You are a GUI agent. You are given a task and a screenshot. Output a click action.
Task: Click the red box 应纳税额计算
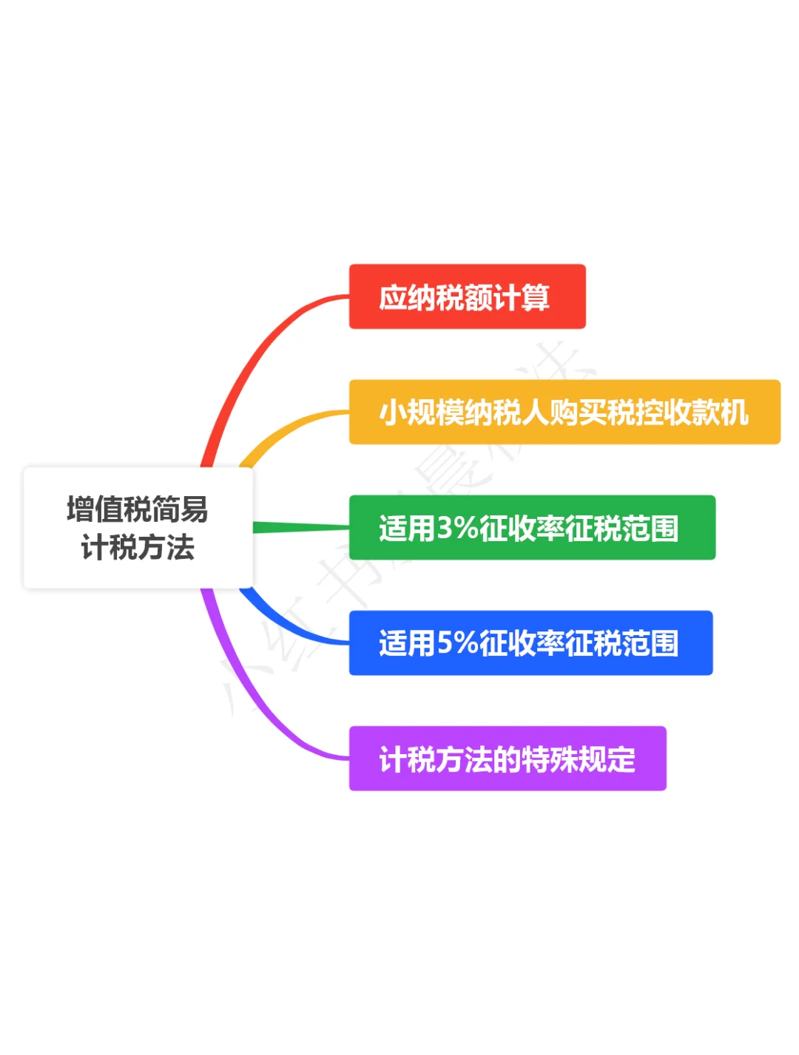467,296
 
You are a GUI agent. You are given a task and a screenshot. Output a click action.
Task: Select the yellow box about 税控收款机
564,412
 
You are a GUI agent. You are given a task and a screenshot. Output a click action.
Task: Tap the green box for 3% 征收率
531,527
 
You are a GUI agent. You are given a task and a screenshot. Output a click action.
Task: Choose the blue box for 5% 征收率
530,642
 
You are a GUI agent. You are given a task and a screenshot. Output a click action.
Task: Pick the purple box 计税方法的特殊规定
507,759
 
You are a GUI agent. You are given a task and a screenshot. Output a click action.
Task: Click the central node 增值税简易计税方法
138,528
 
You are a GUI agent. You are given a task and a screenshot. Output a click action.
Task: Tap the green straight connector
300,527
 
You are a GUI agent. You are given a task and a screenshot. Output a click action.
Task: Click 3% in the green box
457,528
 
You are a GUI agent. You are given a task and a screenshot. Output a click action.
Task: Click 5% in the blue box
457,643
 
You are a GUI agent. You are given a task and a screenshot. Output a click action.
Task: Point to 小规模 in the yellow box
422,413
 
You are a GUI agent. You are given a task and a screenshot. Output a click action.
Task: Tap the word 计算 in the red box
521,297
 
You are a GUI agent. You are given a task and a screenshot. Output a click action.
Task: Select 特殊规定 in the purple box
579,759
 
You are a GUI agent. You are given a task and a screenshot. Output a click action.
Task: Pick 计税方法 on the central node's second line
138,548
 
